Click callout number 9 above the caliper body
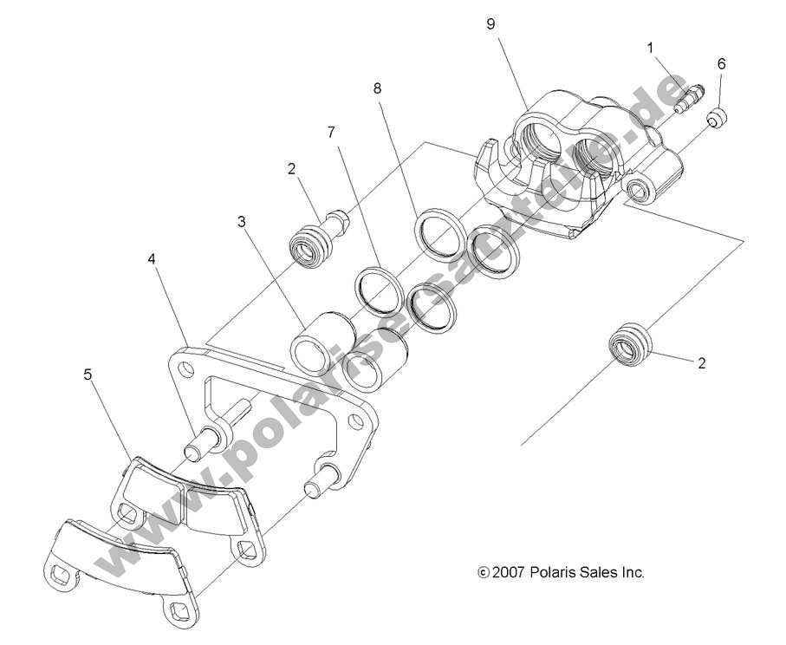pos(490,24)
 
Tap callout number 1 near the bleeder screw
pos(650,49)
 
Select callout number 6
pos(721,64)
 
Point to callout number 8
pos(377,88)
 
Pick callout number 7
pos(331,132)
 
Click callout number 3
pos(242,222)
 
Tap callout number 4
pos(152,259)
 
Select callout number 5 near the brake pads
pos(88,375)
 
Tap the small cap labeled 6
pos(717,118)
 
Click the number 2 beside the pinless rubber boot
pos(702,363)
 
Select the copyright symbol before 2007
pos(484,573)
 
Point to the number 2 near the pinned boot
pos(292,168)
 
